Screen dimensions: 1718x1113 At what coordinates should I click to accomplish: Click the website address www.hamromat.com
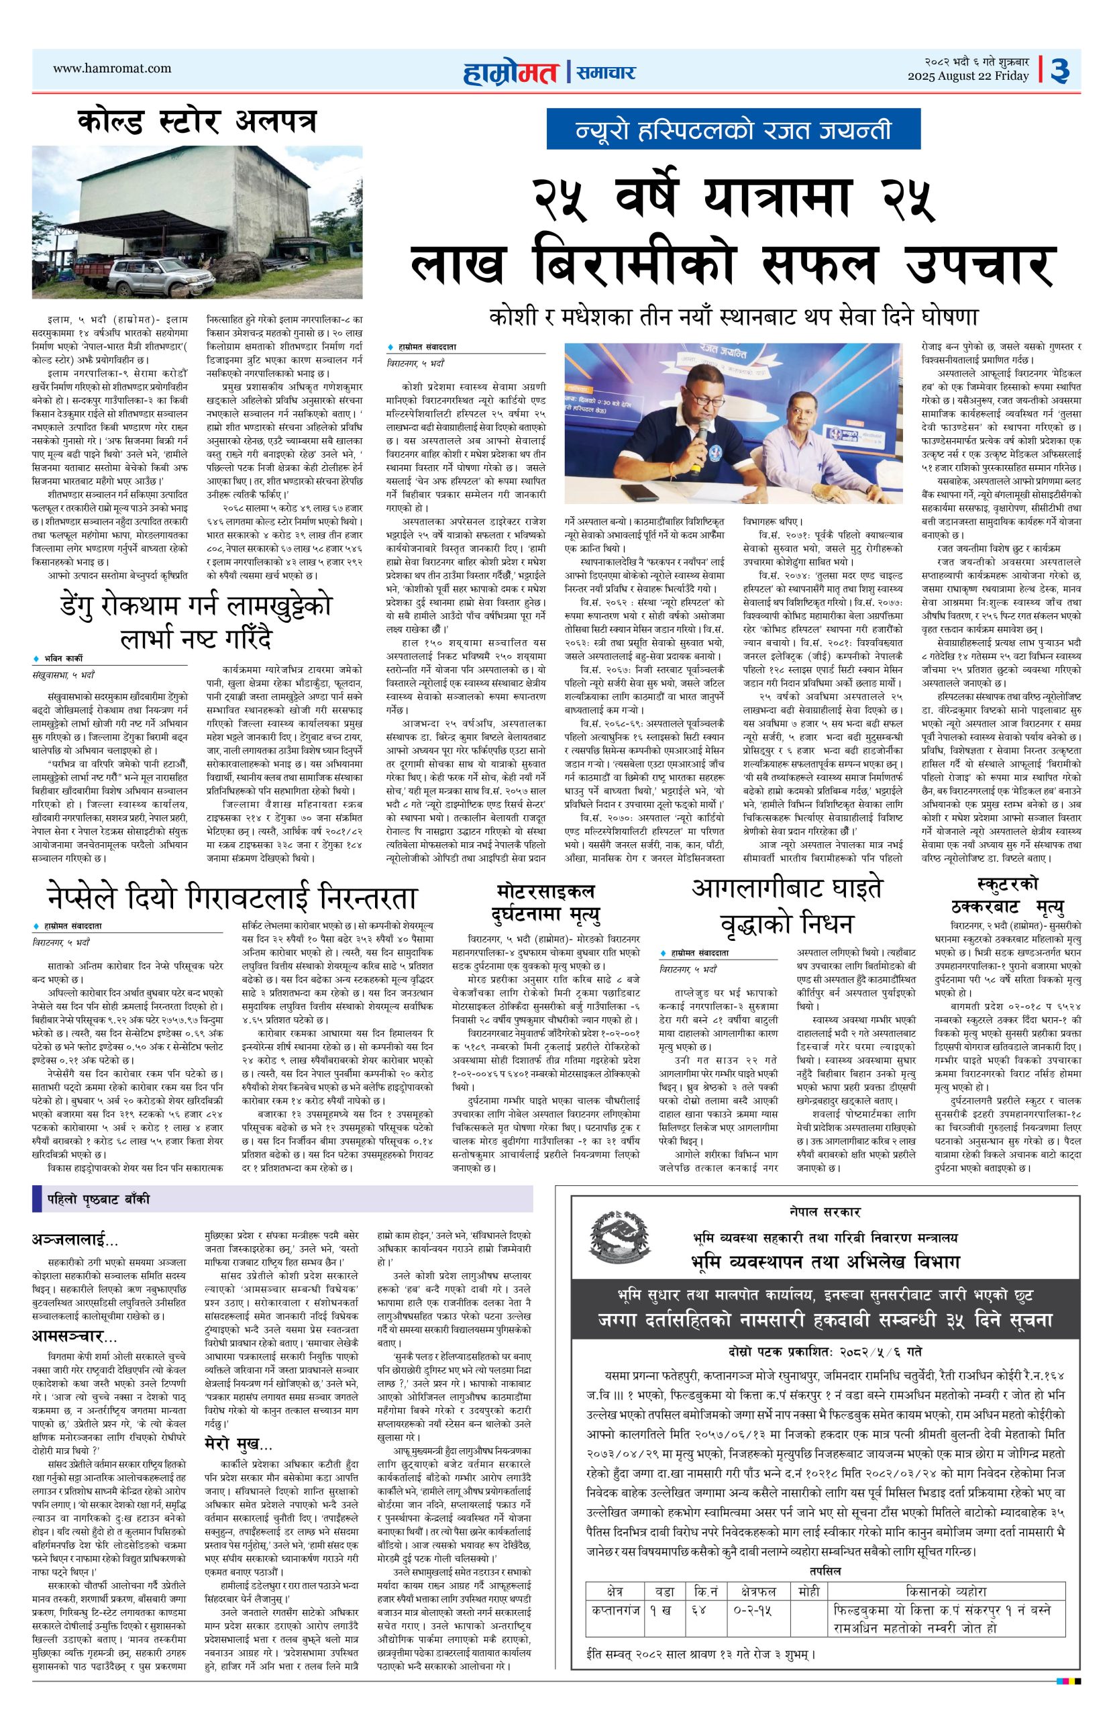pyautogui.click(x=113, y=69)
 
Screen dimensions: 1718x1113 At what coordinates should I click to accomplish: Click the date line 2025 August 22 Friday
pyautogui.click(x=968, y=77)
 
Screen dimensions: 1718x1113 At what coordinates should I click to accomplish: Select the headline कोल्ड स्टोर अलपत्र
pyautogui.click(x=197, y=122)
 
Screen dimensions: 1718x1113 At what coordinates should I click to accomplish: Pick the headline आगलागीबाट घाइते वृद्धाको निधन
pyautogui.click(x=786, y=905)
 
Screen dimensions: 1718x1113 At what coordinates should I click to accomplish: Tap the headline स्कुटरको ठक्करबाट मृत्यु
pyautogui.click(x=1008, y=895)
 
